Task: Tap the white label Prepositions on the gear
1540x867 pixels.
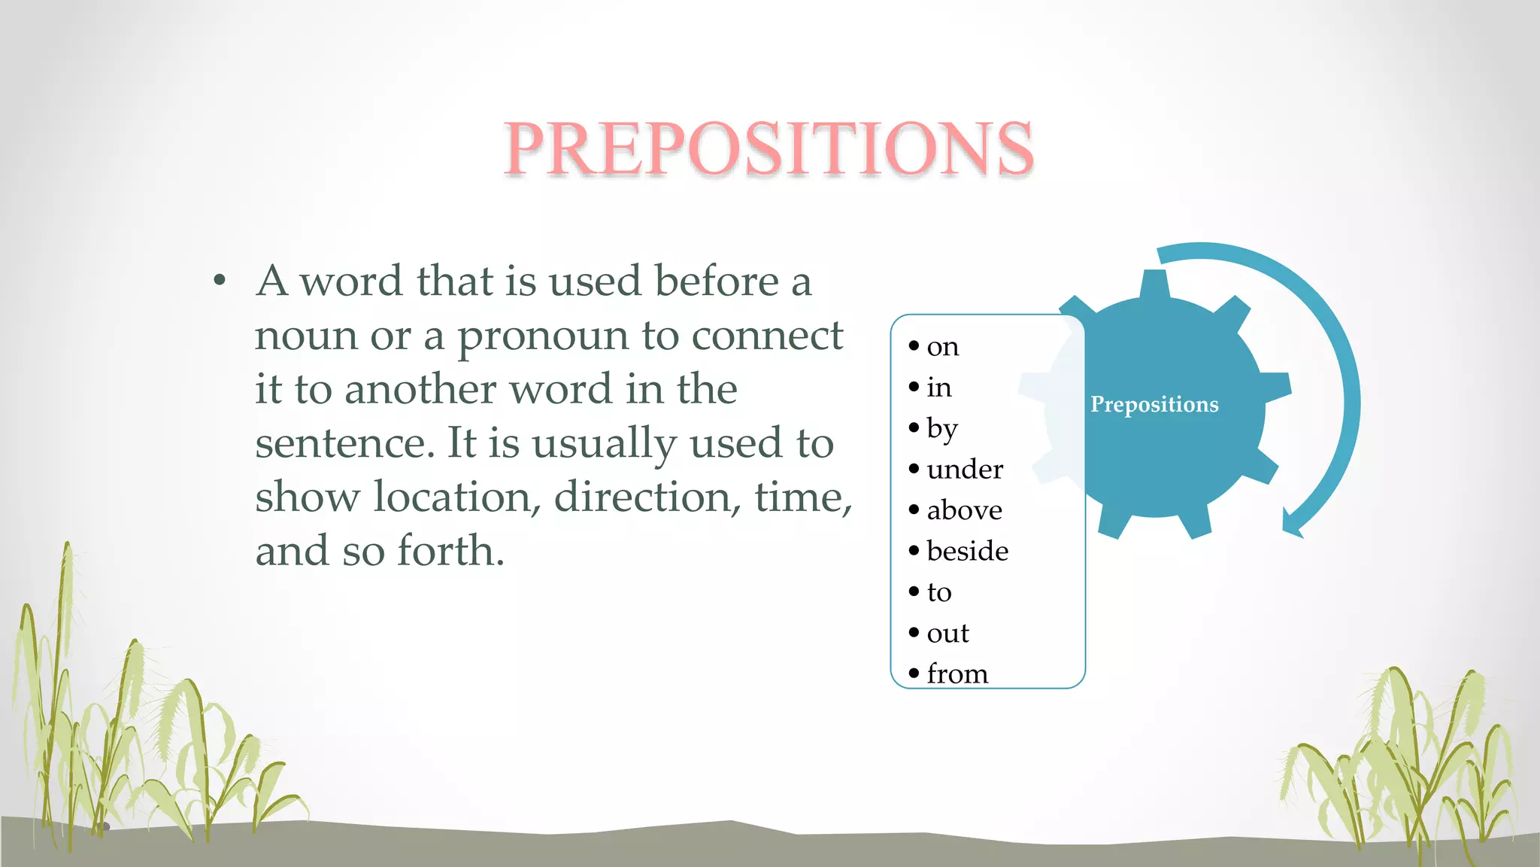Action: (1154, 404)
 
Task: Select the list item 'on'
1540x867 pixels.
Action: (942, 346)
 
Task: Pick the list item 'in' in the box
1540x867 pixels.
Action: (939, 388)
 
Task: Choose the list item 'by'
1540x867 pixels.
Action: (942, 429)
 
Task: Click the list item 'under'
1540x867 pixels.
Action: (965, 470)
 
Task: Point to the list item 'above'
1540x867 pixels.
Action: (964, 510)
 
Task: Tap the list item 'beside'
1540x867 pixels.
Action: (967, 551)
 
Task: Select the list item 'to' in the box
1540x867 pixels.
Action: (939, 592)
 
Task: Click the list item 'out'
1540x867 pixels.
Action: (947, 633)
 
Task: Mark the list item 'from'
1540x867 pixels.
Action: (957, 674)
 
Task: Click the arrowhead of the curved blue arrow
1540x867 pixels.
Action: (1293, 524)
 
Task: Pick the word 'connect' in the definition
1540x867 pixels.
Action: (767, 336)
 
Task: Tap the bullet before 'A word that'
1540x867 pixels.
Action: (220, 281)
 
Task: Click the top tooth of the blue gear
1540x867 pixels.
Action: (1154, 284)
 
